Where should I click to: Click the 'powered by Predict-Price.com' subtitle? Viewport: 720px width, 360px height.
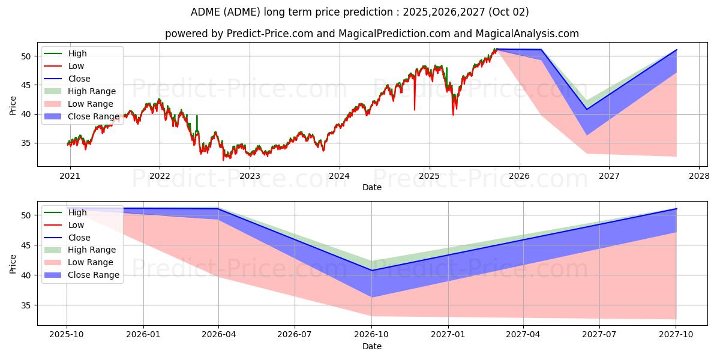371,34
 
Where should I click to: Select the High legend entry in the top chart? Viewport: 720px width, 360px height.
76,53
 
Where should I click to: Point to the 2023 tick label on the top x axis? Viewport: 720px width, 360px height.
250,176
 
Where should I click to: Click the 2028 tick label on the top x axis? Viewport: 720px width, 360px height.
699,176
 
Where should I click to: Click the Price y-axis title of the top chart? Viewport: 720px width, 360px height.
13,106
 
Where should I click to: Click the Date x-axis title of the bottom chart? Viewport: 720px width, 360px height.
371,346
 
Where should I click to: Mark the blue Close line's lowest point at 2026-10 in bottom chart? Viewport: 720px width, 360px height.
371,270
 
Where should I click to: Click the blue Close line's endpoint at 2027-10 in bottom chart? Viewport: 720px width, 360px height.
676,209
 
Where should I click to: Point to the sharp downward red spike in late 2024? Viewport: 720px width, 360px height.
414,108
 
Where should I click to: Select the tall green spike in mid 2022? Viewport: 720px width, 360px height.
197,118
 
